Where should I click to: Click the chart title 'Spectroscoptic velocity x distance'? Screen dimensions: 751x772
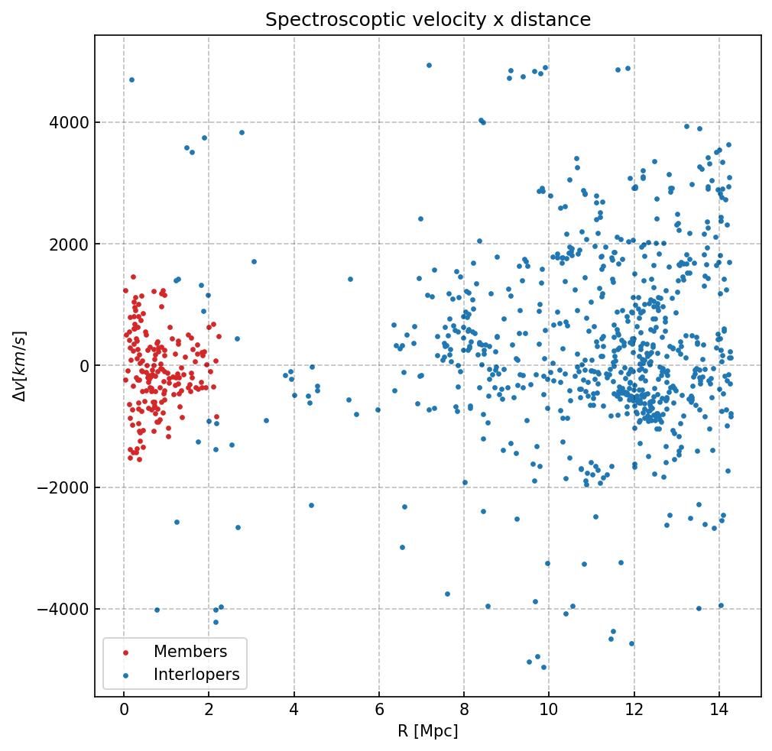coord(428,20)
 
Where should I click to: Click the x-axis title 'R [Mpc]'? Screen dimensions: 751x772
coord(428,731)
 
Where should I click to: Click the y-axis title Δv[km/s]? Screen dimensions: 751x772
coord(21,366)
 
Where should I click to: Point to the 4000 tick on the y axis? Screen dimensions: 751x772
coord(67,122)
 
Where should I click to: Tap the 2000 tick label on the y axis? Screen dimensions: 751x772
coord(67,244)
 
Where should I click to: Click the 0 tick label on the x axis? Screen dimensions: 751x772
coord(124,711)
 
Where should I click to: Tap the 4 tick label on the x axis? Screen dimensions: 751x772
coord(294,711)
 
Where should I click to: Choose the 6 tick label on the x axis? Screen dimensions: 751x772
coord(379,711)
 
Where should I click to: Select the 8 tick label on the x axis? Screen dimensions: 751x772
coord(464,711)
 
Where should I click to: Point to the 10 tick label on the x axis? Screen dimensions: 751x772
coord(549,711)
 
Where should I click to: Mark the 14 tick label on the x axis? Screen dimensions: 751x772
coord(718,711)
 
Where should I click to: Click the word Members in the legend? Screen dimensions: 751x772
coord(190,652)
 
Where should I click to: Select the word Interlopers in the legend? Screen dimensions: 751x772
coord(196,675)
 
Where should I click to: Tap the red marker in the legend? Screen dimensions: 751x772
coord(126,652)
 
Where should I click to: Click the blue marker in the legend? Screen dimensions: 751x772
coord(126,675)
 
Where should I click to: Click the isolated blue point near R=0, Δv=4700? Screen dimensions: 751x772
coord(131,79)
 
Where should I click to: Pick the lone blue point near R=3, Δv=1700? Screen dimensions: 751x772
coord(254,261)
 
